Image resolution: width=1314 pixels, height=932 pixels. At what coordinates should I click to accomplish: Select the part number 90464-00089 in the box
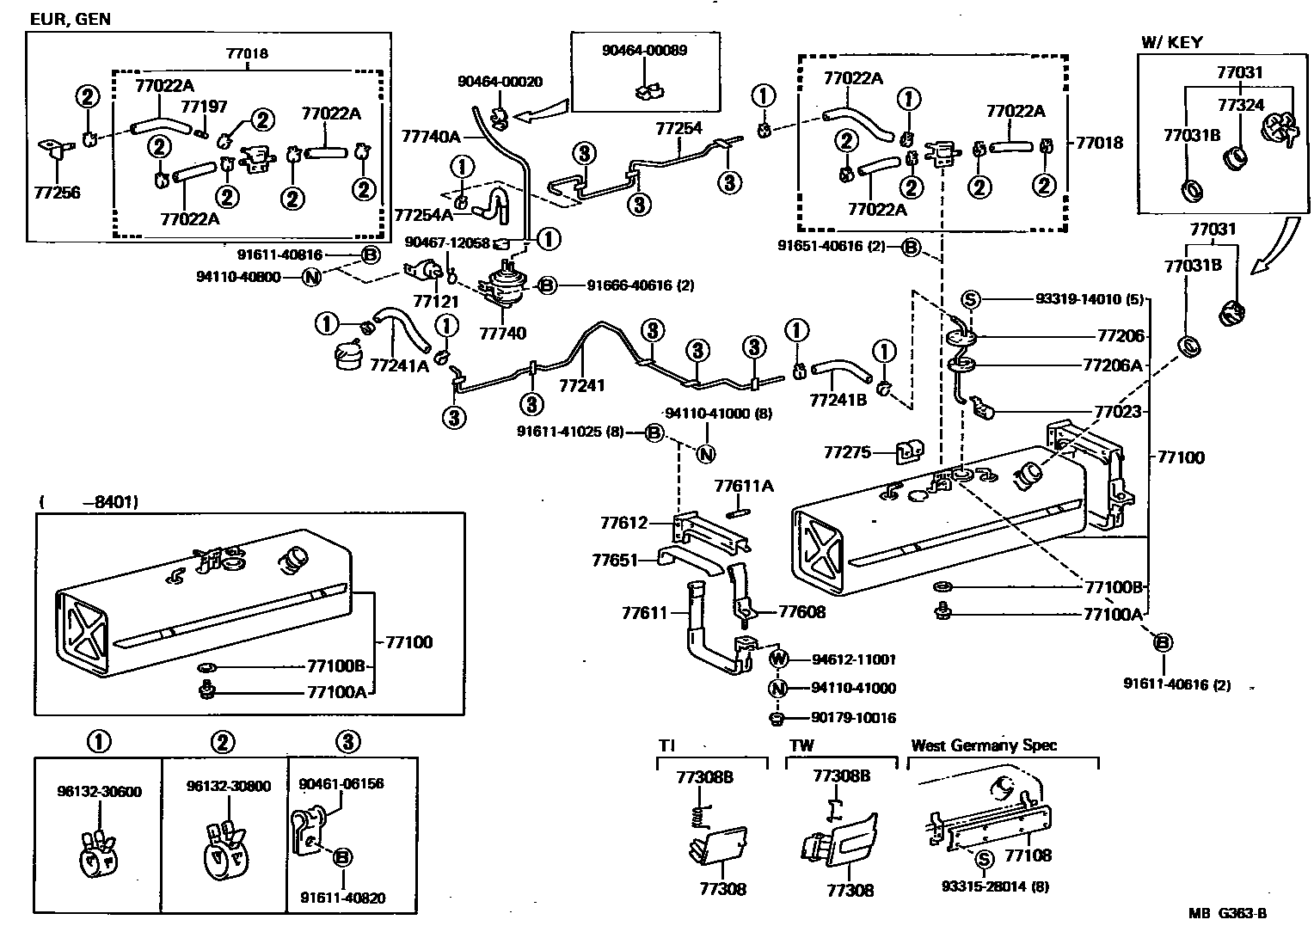coord(644,51)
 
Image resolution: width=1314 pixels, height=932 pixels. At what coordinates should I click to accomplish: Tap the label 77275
coord(847,452)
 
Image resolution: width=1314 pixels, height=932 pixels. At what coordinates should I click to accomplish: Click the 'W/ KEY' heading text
coord(1171,42)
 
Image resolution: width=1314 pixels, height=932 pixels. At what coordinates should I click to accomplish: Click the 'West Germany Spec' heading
coord(984,745)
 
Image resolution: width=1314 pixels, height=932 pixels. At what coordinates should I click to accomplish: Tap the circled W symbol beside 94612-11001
coord(778,659)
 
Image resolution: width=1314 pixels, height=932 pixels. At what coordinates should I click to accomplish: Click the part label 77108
coord(1028,855)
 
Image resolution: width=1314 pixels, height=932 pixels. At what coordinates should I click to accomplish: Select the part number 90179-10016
coord(853,718)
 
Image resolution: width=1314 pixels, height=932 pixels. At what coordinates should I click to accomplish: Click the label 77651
coord(615,561)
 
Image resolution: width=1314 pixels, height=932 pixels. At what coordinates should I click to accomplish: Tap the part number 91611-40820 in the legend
coord(343,898)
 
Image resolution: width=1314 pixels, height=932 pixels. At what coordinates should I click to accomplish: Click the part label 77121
coord(433,302)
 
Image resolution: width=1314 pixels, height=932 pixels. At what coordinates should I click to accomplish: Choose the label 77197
coord(204,107)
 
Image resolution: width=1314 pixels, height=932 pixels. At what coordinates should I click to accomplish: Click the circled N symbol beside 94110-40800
coord(312,278)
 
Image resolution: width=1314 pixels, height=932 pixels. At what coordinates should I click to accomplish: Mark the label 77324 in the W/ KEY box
coord(1240,105)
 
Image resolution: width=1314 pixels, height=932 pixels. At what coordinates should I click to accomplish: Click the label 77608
coord(801,611)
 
